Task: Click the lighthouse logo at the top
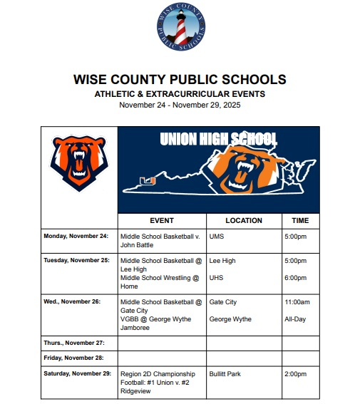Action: [180, 29]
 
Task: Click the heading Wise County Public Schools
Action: [180, 79]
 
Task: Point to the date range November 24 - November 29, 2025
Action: [180, 105]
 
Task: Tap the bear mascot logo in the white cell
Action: [79, 164]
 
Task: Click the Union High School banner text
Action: [218, 139]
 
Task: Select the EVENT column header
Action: [162, 221]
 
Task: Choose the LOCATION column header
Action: [243, 221]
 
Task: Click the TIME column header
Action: [300, 221]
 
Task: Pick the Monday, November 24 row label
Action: [76, 236]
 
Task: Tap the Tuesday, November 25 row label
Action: [76, 261]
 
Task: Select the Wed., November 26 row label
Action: [71, 302]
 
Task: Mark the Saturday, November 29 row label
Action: [77, 373]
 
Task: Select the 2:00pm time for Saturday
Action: [296, 373]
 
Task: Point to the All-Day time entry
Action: [295, 319]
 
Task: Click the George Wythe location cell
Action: [230, 319]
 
